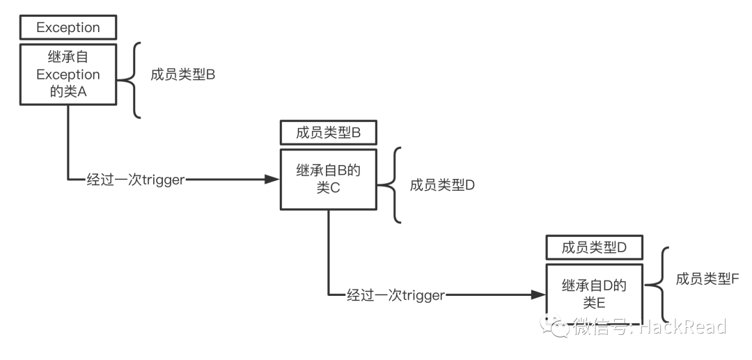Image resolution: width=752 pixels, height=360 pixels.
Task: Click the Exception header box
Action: point(68,28)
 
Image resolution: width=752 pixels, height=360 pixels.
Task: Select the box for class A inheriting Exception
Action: point(68,75)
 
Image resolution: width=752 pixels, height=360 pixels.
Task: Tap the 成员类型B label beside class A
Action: point(182,75)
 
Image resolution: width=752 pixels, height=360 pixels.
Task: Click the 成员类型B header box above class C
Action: point(328,132)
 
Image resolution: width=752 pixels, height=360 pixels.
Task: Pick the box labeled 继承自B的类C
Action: point(328,178)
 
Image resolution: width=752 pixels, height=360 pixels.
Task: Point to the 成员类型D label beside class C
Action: point(442,185)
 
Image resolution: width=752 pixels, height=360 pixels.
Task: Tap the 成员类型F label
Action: point(707,279)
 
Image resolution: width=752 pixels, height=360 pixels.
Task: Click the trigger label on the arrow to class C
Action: point(135,180)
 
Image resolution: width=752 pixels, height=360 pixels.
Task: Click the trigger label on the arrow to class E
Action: point(395,295)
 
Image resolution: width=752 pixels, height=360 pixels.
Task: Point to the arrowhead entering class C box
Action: point(274,180)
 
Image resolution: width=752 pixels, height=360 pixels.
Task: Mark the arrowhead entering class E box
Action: point(538,295)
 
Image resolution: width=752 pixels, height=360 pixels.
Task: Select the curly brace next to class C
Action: point(394,185)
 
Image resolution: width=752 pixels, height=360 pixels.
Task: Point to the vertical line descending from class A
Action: point(68,143)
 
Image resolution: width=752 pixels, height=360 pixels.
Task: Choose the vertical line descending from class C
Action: point(328,251)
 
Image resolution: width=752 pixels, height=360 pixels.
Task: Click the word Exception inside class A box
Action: point(68,75)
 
